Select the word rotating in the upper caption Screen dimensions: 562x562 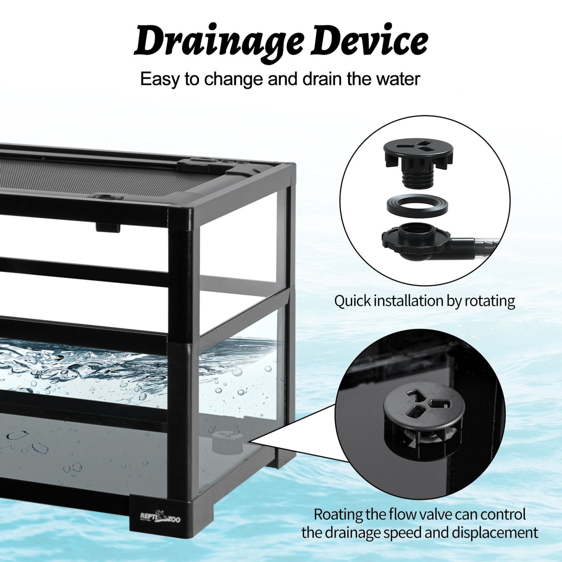tap(489, 301)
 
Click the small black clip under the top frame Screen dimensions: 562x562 tap(108, 228)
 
